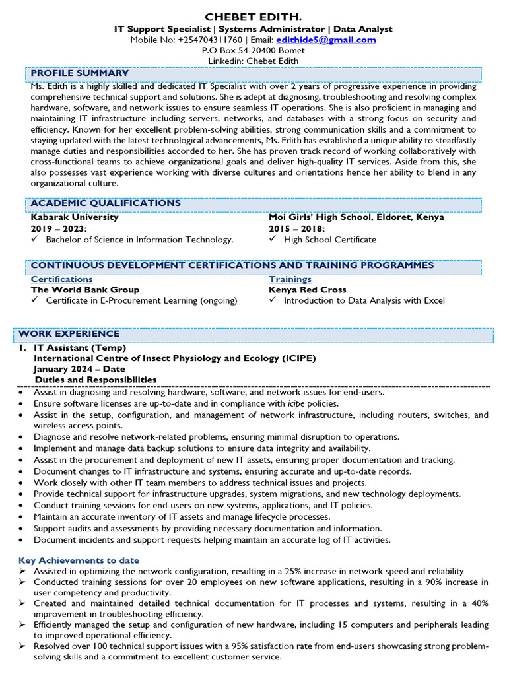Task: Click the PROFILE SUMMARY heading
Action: pyautogui.click(x=80, y=73)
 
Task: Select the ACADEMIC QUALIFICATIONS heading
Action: pyautogui.click(x=106, y=203)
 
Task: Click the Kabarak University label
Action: pyautogui.click(x=75, y=217)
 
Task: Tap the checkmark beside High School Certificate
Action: pyautogui.click(x=273, y=240)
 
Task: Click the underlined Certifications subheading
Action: pyautogui.click(x=61, y=279)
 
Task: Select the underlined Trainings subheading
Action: pyautogui.click(x=290, y=279)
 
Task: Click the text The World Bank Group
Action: pyautogui.click(x=85, y=290)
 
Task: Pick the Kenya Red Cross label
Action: pyautogui.click(x=307, y=290)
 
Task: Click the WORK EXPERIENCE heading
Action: pyautogui.click(x=69, y=334)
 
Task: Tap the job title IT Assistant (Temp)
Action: pyautogui.click(x=80, y=348)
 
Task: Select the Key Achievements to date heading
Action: pyautogui.click(x=79, y=560)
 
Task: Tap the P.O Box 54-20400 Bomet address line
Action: pyautogui.click(x=253, y=50)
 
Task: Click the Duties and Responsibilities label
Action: pyautogui.click(x=96, y=380)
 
